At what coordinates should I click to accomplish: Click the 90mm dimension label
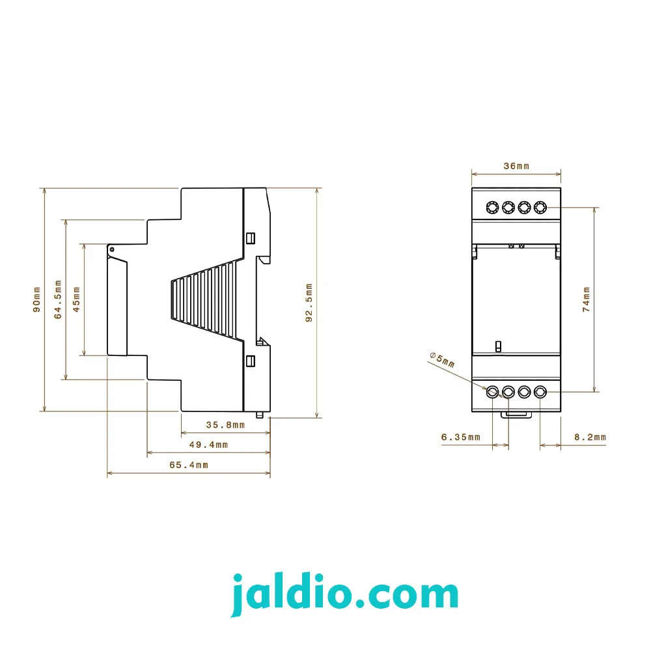[37, 299]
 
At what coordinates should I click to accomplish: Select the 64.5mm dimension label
[58, 299]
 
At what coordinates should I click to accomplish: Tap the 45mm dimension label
[76, 299]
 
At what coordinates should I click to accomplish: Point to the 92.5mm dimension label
[309, 303]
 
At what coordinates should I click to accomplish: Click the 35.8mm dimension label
[225, 424]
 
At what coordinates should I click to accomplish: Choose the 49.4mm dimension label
[208, 445]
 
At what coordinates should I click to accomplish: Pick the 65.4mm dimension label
[189, 465]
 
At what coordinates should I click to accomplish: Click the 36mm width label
[516, 166]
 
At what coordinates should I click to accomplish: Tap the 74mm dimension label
[586, 299]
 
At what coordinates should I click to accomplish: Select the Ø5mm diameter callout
[442, 359]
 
